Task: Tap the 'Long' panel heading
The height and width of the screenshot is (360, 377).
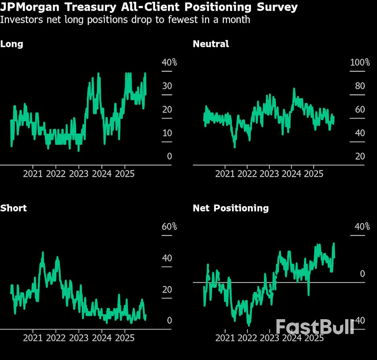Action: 12,44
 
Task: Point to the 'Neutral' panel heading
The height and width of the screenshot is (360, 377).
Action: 211,44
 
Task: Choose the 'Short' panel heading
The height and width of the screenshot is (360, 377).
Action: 13,208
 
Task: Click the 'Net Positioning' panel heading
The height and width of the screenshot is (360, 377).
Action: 231,208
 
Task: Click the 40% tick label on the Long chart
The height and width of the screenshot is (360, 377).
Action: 169,62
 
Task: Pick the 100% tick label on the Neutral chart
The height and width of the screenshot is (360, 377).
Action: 360,62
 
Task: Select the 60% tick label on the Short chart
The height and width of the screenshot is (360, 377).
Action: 169,227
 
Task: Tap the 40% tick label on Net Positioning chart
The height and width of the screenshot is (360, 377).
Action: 362,227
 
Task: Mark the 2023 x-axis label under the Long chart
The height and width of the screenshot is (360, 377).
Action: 79,174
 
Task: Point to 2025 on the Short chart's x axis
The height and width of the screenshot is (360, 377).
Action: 124,338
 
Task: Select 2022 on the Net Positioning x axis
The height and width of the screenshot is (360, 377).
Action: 248,338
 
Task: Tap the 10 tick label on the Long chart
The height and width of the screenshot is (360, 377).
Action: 167,133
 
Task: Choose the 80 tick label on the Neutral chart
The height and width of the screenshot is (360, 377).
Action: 360,86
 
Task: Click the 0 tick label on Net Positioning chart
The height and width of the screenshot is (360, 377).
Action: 362,274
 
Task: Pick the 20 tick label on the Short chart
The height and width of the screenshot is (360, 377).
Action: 167,289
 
